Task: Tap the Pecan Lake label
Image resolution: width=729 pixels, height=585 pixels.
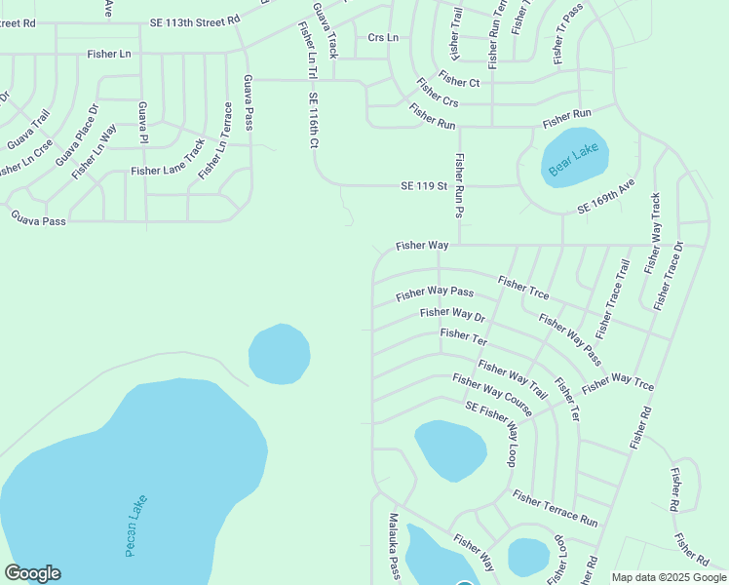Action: point(136,526)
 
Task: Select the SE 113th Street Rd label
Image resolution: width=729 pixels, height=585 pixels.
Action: point(195,19)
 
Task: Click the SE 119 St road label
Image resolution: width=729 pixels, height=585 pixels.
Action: point(423,185)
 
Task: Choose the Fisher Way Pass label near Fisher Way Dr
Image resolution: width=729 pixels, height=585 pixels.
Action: point(435,292)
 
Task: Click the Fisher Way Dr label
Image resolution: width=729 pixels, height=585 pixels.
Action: point(452,314)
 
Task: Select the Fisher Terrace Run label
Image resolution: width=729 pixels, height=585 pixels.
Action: point(555,508)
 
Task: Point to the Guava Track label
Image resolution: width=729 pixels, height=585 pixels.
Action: point(325,29)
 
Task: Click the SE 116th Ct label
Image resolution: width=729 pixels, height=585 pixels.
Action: point(314,121)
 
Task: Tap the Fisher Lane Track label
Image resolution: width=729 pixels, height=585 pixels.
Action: point(169,170)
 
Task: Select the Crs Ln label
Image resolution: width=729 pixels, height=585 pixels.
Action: point(383,37)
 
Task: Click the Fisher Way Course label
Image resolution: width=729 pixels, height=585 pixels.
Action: point(492,399)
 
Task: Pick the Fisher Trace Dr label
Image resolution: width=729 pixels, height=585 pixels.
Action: point(670,275)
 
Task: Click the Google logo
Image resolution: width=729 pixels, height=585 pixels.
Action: point(32,573)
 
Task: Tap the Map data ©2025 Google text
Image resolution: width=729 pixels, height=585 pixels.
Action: point(668,577)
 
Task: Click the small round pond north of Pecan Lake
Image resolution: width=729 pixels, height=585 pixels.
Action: point(280,354)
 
